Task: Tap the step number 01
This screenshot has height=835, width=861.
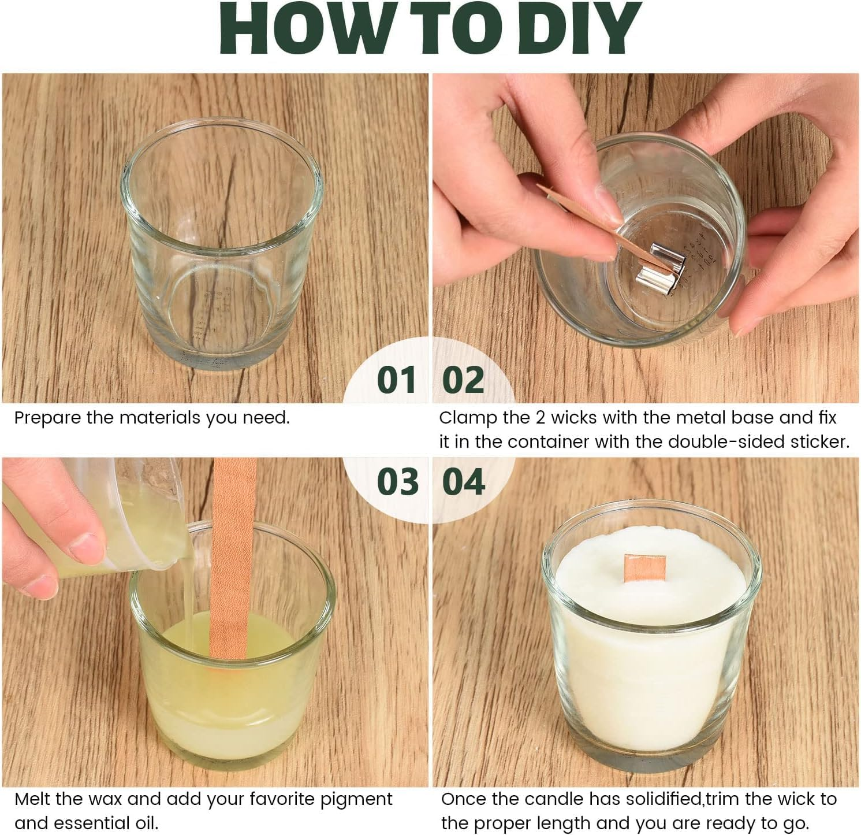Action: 397,380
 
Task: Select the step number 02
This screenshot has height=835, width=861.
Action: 463,380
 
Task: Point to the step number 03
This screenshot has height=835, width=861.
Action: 398,482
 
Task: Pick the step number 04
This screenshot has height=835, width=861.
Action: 464,482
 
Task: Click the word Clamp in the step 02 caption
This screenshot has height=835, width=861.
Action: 464,418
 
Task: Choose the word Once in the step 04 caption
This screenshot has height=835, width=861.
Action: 464,800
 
